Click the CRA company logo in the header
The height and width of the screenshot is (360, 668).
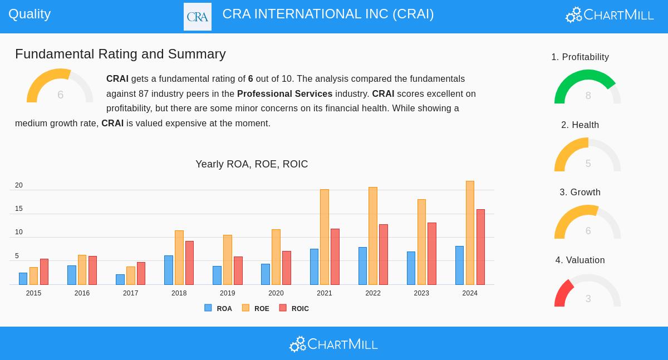[x=198, y=17]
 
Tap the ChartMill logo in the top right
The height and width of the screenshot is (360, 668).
[x=610, y=15]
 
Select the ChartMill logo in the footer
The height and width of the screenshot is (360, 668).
[x=333, y=344]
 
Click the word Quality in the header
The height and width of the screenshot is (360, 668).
[x=30, y=14]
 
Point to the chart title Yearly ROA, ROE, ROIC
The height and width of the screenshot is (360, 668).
[x=252, y=164]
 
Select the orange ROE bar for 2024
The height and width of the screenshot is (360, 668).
[x=470, y=233]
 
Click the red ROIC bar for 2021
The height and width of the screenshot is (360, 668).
[x=335, y=257]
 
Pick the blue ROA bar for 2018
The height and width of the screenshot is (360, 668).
[x=169, y=270]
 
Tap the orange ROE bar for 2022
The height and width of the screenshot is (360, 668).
[x=373, y=236]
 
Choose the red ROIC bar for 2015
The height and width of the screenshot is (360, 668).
[x=44, y=272]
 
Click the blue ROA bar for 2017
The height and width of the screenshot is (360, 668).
[x=120, y=279]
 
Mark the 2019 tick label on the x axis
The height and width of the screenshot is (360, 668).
[x=227, y=293]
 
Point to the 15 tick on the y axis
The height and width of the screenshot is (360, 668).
[x=19, y=209]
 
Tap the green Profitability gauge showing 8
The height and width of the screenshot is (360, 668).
[x=587, y=87]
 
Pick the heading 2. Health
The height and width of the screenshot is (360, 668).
[x=580, y=125]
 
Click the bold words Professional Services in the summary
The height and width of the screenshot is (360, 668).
[x=284, y=94]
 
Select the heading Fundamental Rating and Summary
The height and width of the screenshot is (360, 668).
[x=120, y=54]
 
